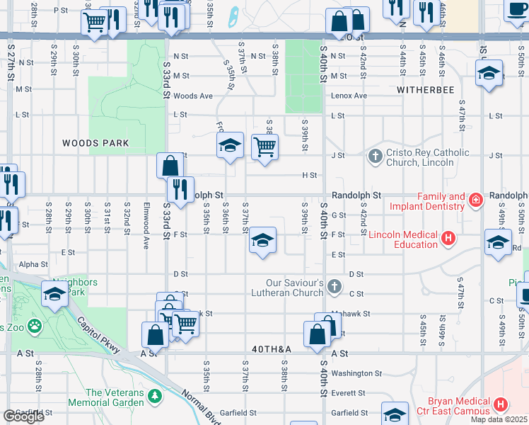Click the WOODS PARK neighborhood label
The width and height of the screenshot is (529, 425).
point(95,143)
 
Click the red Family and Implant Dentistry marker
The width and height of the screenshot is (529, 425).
point(477,200)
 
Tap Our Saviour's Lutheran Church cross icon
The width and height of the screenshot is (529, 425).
point(335,288)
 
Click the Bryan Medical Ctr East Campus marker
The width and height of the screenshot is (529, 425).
point(500,405)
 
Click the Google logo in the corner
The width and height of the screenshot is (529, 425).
point(23,416)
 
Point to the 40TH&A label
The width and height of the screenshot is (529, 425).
point(272,350)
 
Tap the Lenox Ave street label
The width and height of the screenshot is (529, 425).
point(349,96)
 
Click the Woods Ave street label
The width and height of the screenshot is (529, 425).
point(193,96)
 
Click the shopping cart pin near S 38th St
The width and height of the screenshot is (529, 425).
point(264,147)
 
